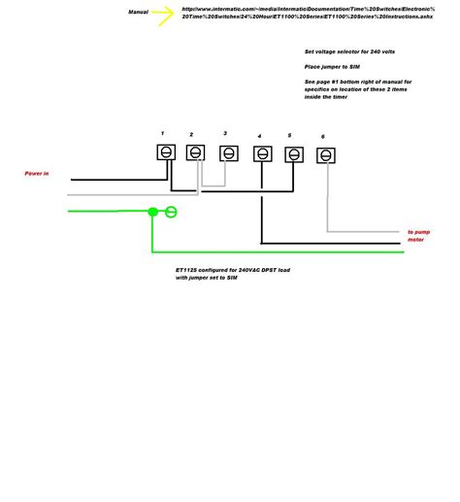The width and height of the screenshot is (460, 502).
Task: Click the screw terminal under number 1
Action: coord(166,152)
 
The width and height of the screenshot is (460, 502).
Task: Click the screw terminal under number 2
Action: coord(195,153)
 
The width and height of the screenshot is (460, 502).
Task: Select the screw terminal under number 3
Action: coord(228,153)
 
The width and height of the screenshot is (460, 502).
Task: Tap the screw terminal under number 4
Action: coord(262,153)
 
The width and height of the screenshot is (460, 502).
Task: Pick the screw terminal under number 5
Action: coord(293,154)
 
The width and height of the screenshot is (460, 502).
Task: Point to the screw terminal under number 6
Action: coord(327,155)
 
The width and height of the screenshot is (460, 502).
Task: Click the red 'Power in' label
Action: coord(37,174)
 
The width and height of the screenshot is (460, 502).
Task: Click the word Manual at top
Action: coord(138,13)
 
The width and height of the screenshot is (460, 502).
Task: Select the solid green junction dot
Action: coord(152,211)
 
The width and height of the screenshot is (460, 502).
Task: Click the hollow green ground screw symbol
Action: coord(171,211)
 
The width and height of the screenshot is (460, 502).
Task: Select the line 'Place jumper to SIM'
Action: coord(328,66)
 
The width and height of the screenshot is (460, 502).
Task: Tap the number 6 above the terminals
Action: coord(323,137)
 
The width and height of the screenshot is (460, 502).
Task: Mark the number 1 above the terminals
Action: coord(162,131)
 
